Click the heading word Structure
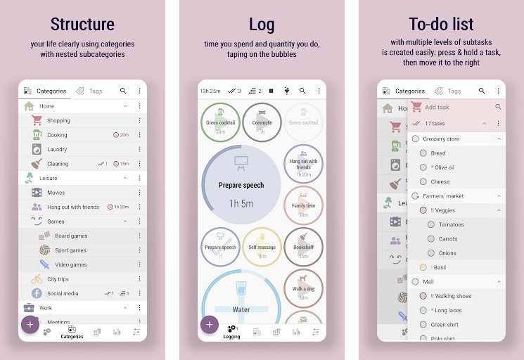pos(82,25)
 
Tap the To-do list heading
pos(441,25)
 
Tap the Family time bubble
pos(303,205)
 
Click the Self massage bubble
pos(262,247)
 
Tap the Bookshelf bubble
pos(303,247)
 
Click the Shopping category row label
pos(58,121)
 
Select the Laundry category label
pos(57,149)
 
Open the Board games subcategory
pos(71,236)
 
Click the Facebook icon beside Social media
pos(37,293)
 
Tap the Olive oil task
pos(443,167)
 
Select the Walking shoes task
pos(452,296)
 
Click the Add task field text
pos(437,107)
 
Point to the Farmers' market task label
pos(443,196)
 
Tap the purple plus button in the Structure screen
pos(30,324)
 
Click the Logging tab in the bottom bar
pos(231,331)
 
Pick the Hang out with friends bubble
pos(303,164)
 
